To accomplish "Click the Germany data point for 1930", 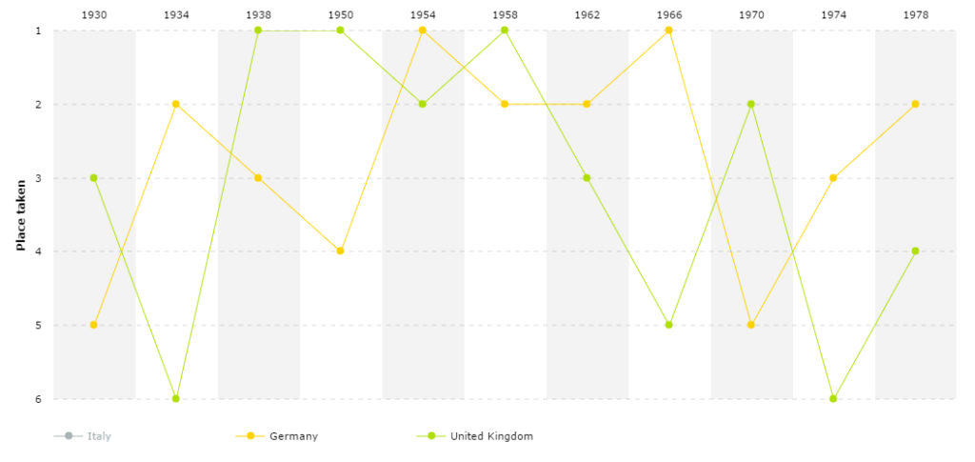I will (93, 325).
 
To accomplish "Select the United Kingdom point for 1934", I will (176, 398).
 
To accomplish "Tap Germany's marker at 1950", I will (340, 251).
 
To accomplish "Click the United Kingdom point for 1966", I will (669, 325).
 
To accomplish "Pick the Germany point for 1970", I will (751, 325).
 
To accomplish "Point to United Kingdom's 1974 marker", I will (833, 398).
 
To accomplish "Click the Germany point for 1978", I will (915, 104).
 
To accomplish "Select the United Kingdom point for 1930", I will (93, 177).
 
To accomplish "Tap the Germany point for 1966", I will (669, 30).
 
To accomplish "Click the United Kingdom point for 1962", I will (587, 177).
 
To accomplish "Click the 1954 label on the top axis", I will (423, 15).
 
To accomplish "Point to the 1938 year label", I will (258, 15).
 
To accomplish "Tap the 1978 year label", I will (915, 15).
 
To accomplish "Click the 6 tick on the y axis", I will (38, 398).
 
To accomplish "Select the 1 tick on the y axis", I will (38, 30).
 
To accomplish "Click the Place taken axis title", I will (20, 214).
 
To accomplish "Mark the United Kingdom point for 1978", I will (915, 251).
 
